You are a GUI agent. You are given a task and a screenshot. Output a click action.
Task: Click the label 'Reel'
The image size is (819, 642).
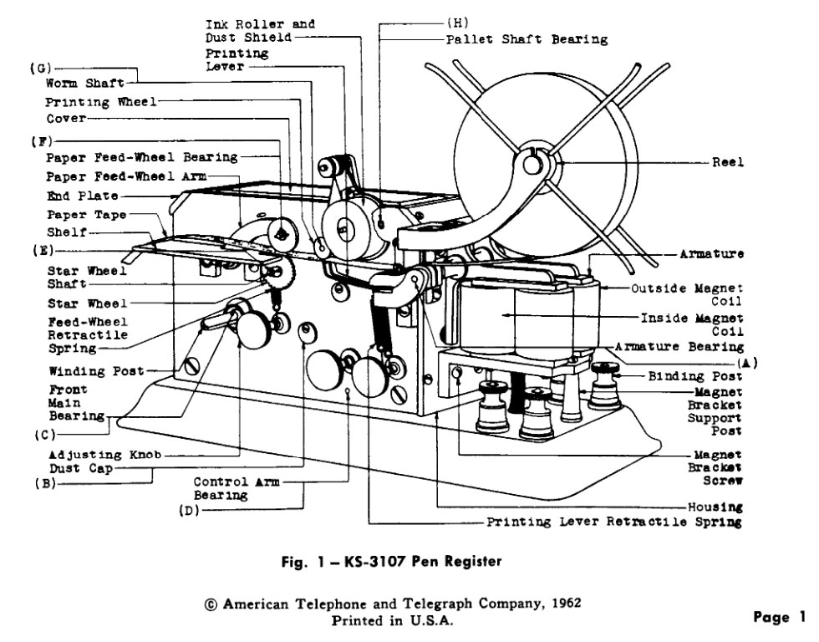[727, 162]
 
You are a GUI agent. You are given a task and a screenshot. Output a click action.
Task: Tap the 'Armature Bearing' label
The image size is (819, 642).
[679, 346]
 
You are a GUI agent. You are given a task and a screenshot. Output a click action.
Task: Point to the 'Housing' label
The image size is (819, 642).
[715, 507]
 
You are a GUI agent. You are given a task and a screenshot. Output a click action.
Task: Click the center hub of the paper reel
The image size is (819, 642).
[533, 165]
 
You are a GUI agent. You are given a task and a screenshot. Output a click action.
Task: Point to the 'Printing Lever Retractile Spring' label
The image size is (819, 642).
[614, 522]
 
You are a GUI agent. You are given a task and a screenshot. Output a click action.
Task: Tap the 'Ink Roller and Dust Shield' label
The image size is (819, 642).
[260, 31]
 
